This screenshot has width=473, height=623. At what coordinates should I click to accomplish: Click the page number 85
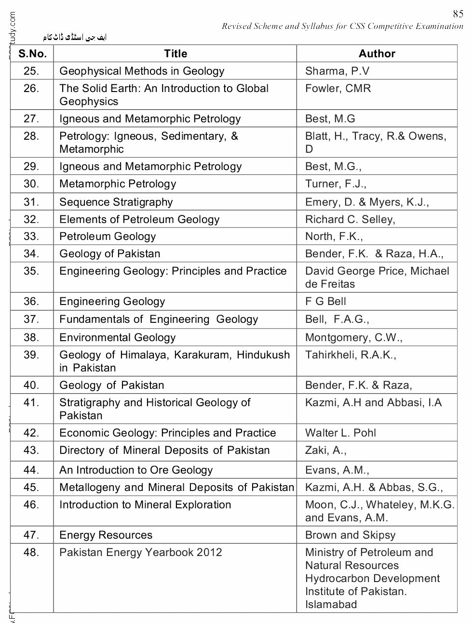click(458, 13)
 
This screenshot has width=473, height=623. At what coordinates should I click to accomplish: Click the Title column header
click(175, 53)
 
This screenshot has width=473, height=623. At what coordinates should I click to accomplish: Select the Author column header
click(377, 53)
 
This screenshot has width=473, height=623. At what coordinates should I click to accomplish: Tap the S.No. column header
click(32, 53)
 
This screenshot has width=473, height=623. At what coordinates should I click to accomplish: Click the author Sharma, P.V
click(337, 71)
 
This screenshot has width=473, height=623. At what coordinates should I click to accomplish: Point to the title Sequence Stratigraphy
click(116, 202)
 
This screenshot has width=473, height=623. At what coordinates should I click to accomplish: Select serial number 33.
click(31, 236)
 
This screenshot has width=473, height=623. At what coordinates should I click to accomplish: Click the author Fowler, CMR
click(338, 89)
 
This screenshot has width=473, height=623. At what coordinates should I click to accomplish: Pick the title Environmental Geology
click(117, 337)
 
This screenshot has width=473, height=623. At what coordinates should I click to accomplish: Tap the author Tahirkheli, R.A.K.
click(351, 355)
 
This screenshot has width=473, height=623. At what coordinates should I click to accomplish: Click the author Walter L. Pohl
click(340, 433)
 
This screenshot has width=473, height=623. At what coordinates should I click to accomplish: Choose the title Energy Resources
click(106, 535)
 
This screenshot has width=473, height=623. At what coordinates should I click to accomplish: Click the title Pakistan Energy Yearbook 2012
click(140, 552)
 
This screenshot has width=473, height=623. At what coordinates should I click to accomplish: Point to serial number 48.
click(31, 552)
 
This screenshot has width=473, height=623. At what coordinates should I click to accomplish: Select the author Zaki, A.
click(325, 450)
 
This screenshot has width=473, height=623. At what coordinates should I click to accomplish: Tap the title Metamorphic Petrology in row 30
click(118, 184)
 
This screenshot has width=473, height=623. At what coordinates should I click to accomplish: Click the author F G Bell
click(325, 302)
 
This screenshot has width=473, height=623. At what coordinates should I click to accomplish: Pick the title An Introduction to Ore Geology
click(135, 470)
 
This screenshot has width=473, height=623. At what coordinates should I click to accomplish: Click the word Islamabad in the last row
click(331, 604)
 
